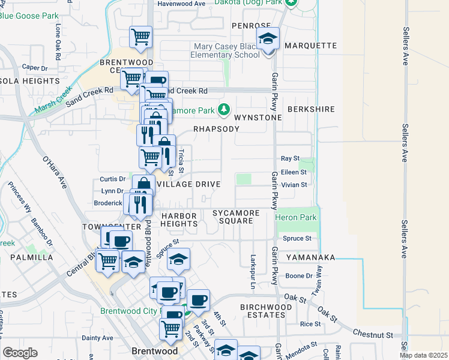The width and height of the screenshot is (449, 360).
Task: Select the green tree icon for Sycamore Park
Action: click(x=224, y=109)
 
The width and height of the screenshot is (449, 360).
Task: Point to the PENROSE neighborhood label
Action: click(x=251, y=26)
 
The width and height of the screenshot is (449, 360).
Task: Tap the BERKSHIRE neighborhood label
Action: click(x=310, y=109)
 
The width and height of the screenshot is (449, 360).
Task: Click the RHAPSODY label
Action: click(x=216, y=129)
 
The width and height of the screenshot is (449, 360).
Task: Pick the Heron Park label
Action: click(x=295, y=217)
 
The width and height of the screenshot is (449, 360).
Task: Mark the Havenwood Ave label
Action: click(x=181, y=4)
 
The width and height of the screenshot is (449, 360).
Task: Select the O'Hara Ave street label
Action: click(x=53, y=172)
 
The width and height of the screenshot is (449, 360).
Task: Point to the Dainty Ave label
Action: click(x=97, y=338)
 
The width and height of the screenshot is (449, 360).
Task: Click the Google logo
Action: click(x=20, y=353)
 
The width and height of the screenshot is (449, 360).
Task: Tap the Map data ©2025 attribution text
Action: click(x=423, y=355)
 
